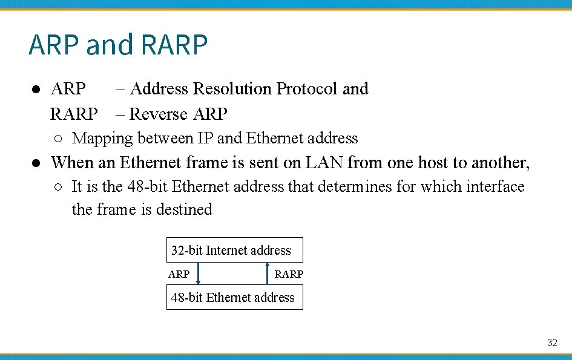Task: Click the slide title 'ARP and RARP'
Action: point(118,45)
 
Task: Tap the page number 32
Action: point(551,343)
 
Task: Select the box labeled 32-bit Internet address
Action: point(234,250)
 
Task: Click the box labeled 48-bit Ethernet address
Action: point(234,298)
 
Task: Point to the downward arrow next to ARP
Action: point(199,273)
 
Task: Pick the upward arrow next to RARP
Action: point(268,273)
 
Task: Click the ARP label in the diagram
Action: point(179,274)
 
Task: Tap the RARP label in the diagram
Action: point(289,274)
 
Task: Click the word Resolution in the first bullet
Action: point(232,89)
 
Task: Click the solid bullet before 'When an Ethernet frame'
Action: point(37,163)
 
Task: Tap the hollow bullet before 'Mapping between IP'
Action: point(57,139)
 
